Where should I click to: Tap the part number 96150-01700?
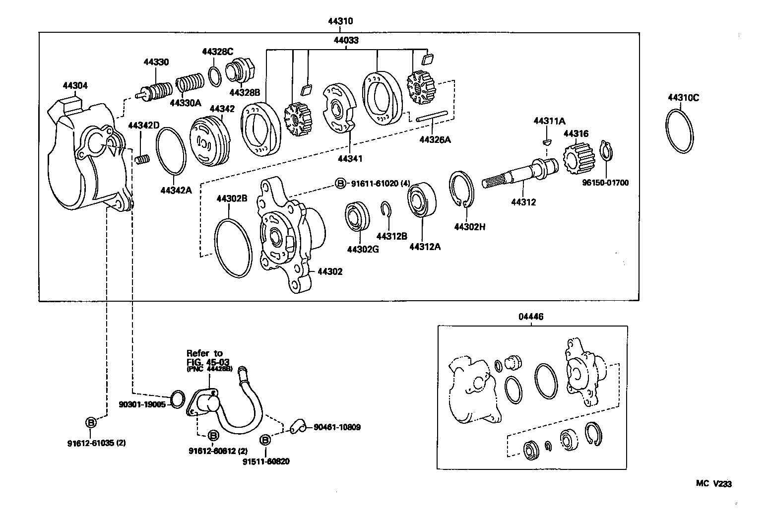pyautogui.click(x=605, y=183)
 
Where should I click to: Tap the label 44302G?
pyautogui.click(x=363, y=249)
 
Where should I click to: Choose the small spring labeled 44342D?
pyautogui.click(x=142, y=159)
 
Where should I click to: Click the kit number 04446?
pyautogui.click(x=532, y=317)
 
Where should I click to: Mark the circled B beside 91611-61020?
pyautogui.click(x=340, y=183)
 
